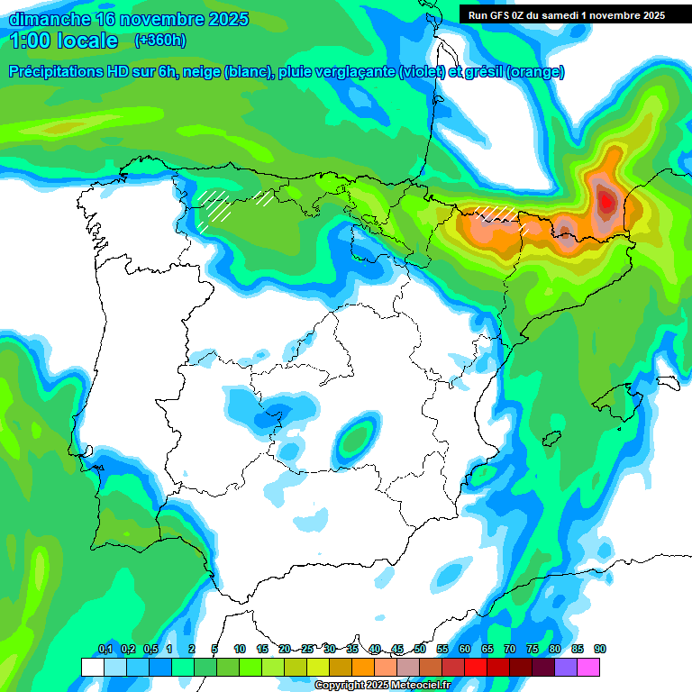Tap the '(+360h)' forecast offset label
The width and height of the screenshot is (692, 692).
[x=159, y=41]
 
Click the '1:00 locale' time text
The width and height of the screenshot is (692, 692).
[x=64, y=41]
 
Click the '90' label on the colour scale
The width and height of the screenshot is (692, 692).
[x=600, y=649]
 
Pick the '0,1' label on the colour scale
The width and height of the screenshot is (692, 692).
[x=105, y=649]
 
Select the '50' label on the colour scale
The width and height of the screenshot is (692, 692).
[x=420, y=649]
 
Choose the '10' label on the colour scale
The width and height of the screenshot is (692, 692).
[x=240, y=649]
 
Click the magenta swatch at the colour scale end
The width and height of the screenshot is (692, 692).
[x=588, y=667]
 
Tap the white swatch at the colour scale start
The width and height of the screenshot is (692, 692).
[x=92, y=667]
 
